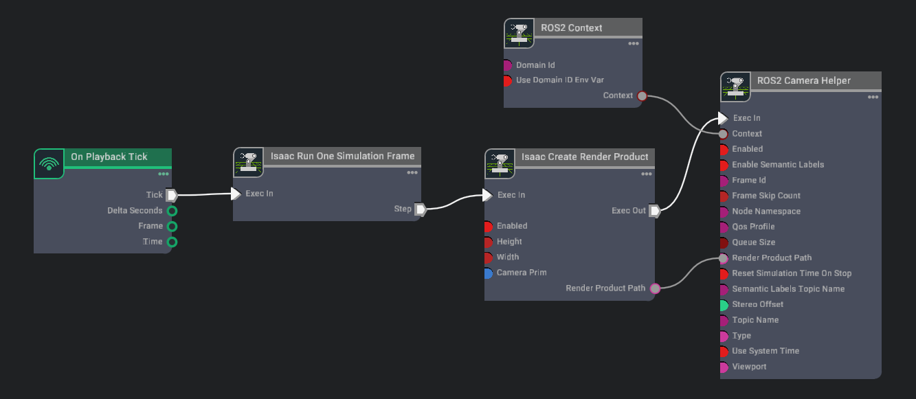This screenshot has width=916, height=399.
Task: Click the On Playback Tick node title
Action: point(109,157)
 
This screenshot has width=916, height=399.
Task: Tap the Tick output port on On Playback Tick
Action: point(172,195)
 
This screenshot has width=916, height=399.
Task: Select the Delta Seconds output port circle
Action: point(172,211)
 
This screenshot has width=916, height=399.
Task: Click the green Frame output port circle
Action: point(172,226)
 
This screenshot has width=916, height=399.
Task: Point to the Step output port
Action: point(421,209)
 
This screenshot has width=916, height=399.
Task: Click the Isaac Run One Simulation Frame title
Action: point(342,156)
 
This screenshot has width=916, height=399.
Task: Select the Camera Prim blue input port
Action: point(488,273)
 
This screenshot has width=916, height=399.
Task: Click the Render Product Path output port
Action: point(655,288)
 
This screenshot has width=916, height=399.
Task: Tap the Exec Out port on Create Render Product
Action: point(655,211)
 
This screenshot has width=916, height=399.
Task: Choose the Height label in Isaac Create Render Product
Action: point(509,242)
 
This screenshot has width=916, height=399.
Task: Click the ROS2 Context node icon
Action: point(519,33)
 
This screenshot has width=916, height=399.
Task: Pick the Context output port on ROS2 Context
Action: point(642,95)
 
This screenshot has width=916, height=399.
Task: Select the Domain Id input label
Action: point(535,65)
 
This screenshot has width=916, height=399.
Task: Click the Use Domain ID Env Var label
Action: point(559,80)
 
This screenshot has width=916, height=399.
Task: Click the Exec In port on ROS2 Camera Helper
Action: point(723,118)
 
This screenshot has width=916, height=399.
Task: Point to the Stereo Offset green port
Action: point(724,305)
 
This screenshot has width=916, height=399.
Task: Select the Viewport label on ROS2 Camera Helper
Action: point(749,367)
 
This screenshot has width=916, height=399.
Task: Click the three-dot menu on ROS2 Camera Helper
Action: point(873,98)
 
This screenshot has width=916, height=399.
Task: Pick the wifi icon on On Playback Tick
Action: point(49,163)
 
